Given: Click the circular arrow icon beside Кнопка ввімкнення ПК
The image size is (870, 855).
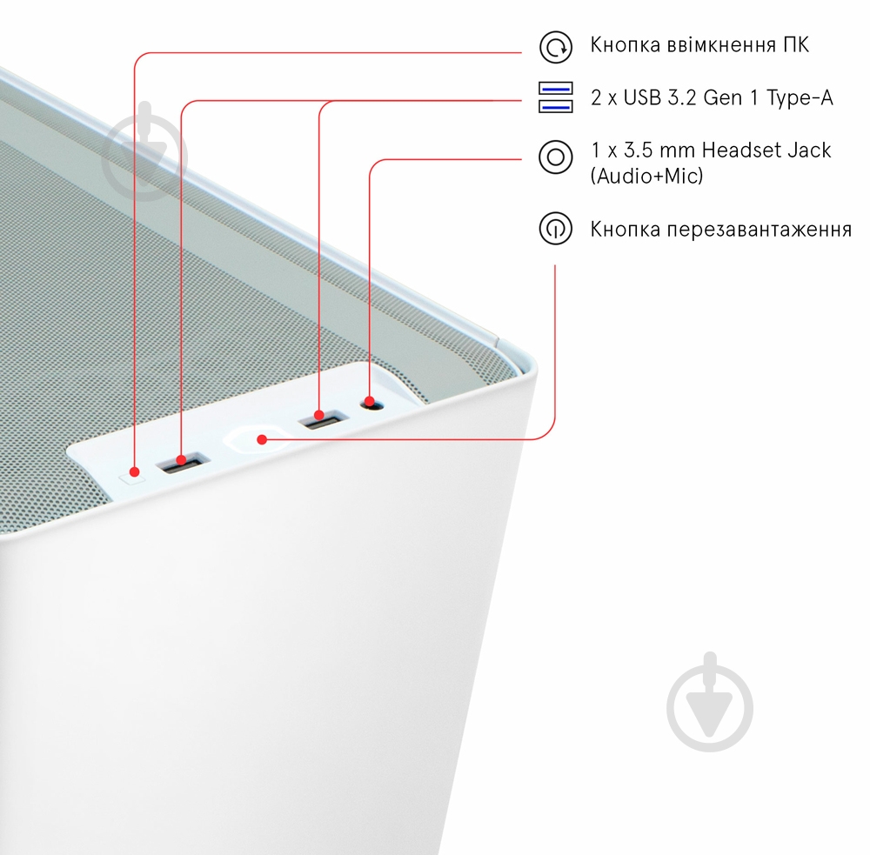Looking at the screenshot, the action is click(555, 47).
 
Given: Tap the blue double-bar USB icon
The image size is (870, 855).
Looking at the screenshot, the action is click(555, 97).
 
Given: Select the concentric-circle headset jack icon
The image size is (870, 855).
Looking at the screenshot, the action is click(555, 157).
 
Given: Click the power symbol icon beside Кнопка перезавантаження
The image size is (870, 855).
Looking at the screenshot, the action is click(555, 228).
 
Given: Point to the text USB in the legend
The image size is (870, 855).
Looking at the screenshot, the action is click(642, 97).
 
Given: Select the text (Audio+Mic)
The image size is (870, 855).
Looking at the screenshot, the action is click(646, 176).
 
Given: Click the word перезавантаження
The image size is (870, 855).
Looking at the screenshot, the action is click(759, 229).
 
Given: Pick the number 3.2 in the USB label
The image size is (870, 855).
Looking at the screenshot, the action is click(682, 97).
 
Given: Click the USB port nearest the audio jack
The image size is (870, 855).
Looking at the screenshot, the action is click(322, 419).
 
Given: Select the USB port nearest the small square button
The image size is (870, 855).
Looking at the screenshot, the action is click(183, 464).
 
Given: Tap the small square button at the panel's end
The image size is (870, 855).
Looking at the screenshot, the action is click(132, 476).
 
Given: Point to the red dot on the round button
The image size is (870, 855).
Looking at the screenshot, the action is click(262, 440).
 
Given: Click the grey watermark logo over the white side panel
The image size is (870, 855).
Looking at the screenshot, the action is click(710, 702).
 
